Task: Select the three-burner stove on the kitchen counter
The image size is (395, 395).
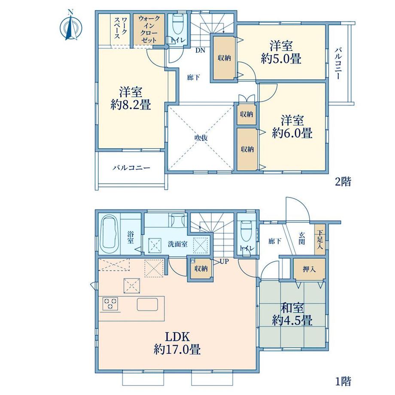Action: coord(110,303)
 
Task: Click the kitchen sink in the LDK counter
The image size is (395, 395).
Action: coord(147,304)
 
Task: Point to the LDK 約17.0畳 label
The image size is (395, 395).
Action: coord(177,343)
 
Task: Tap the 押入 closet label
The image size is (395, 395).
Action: coord(309,269)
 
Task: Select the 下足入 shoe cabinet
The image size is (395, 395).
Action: coord(320,240)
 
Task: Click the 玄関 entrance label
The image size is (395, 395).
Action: coord(302,238)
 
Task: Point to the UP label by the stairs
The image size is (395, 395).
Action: coord(224,261)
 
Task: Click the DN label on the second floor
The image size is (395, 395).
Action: coord(201,50)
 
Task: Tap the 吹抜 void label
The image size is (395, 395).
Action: coord(201,138)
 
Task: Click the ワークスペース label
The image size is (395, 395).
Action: coord(121,28)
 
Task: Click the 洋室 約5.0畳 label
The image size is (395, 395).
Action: coord(281,53)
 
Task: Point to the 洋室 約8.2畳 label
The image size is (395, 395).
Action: coord(131,98)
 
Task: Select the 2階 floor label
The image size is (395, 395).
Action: coord(343,182)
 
